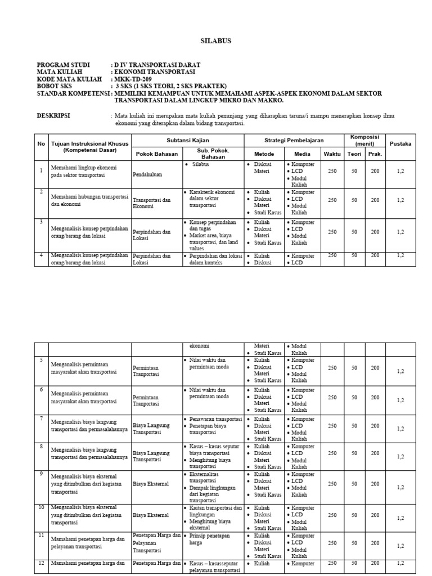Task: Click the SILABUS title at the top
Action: pyautogui.click(x=216, y=41)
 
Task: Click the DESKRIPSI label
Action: pyautogui.click(x=53, y=115)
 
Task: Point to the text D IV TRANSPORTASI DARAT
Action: pyautogui.click(x=156, y=65)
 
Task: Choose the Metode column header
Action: pyautogui.click(x=264, y=154)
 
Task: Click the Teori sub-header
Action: pyautogui.click(x=354, y=154)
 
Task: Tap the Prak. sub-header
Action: pyautogui.click(x=375, y=154)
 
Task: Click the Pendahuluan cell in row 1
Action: pyautogui.click(x=147, y=175)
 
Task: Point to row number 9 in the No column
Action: pyautogui.click(x=41, y=474)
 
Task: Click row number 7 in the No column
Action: pyautogui.click(x=41, y=418)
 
